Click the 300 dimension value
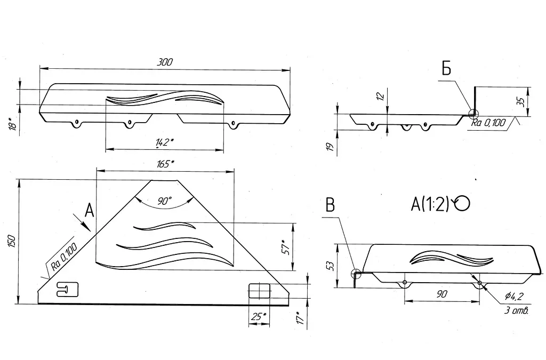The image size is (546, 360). click(x=165, y=62)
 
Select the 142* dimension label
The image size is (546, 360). click(x=164, y=142)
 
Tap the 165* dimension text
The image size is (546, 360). click(x=165, y=163)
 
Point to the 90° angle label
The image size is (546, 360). click(x=164, y=201)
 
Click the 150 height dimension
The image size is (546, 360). click(x=12, y=241)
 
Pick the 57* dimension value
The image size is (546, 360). click(x=286, y=247)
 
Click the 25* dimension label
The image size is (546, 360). click(x=259, y=316)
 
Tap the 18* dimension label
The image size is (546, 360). click(x=12, y=124)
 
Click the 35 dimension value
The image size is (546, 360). click(x=520, y=102)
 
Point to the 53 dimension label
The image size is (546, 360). click(x=331, y=266)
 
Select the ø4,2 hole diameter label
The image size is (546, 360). click(x=513, y=297)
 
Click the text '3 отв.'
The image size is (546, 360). click(x=516, y=310)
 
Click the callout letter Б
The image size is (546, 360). click(x=446, y=68)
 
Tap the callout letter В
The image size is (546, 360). click(x=330, y=205)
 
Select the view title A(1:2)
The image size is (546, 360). click(x=430, y=204)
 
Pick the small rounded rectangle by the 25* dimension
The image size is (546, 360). click(x=260, y=291)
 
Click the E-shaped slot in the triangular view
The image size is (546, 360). click(x=67, y=289)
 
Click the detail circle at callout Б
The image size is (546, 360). click(x=473, y=113)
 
